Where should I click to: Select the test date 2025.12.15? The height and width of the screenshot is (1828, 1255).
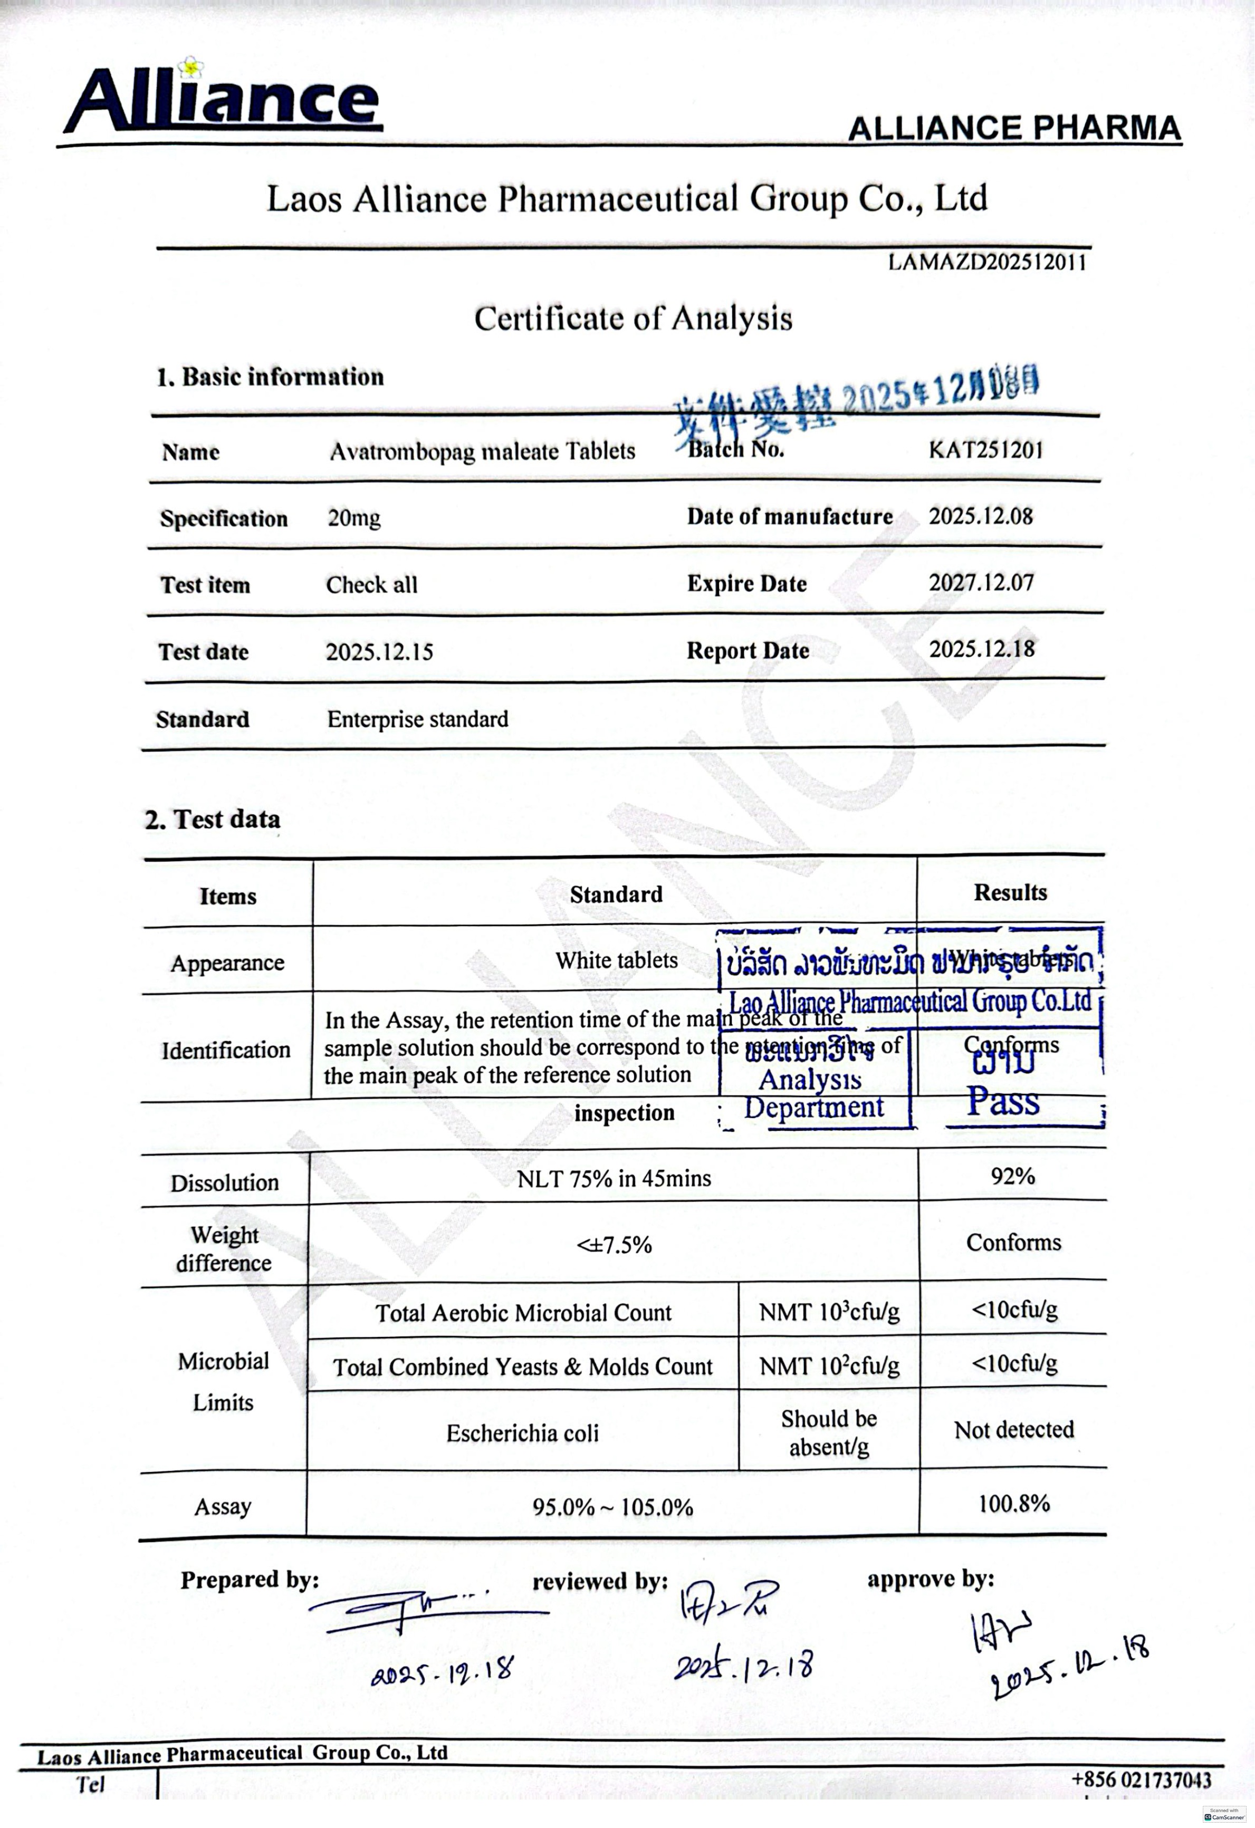click(x=379, y=651)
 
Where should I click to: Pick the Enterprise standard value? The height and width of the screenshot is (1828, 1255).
click(x=418, y=719)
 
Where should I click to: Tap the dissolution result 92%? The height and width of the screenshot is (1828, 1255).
click(x=1013, y=1176)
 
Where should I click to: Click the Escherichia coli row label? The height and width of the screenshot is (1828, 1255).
click(x=522, y=1433)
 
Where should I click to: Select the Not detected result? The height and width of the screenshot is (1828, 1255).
click(x=1013, y=1429)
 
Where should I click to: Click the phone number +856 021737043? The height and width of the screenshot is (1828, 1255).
click(x=1141, y=1779)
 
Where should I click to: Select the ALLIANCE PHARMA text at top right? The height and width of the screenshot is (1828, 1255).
click(x=1014, y=128)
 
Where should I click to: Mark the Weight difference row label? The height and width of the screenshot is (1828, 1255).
click(x=224, y=1248)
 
